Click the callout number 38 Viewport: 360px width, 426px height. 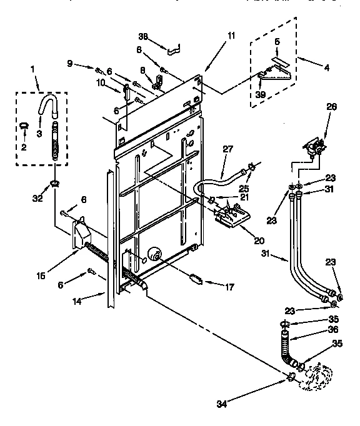click(x=143, y=37)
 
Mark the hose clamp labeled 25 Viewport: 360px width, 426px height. click(x=251, y=166)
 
